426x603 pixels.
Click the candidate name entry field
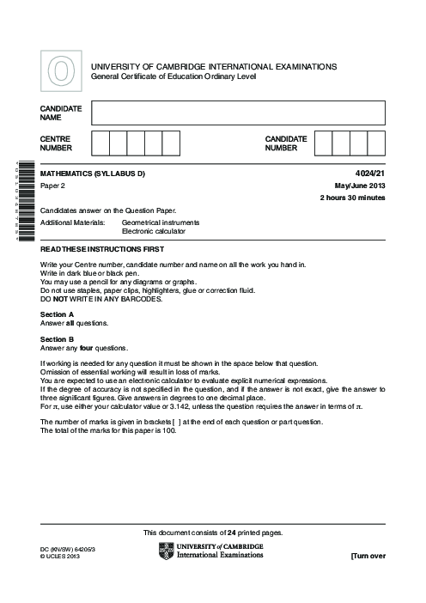coord(238,113)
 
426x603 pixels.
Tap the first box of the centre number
coord(100,143)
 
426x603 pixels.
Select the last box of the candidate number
coord(376,143)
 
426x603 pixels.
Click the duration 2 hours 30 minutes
coord(352,198)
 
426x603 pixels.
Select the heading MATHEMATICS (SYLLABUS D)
coord(93,174)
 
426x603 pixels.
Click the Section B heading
coord(58,340)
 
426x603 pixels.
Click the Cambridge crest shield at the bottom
coord(166,551)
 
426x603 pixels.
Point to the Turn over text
coord(368,557)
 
